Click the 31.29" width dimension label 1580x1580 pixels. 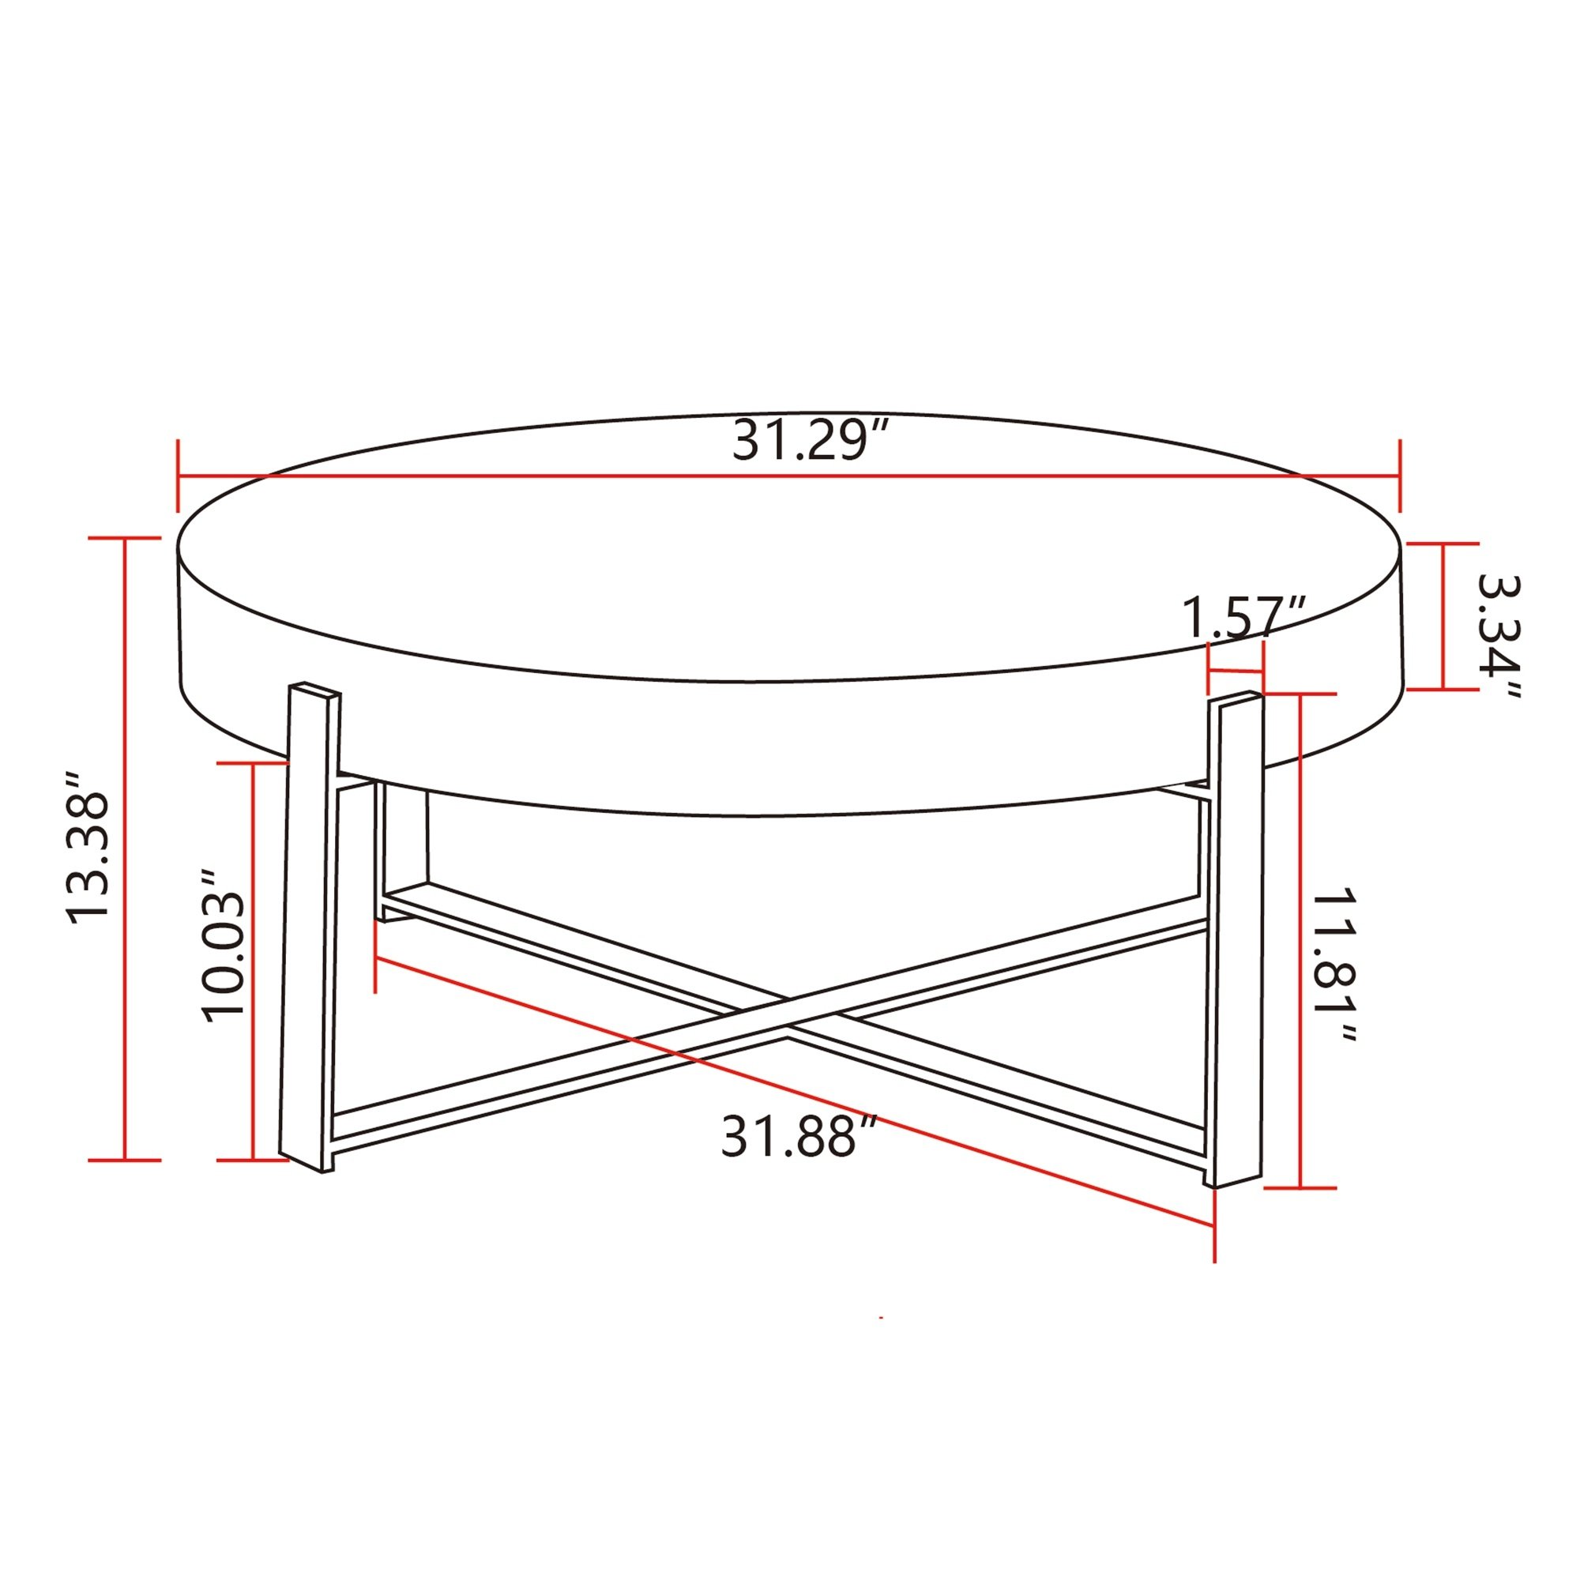[x=810, y=440]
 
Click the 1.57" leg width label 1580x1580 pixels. [x=1244, y=618]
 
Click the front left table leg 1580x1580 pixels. [x=310, y=927]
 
